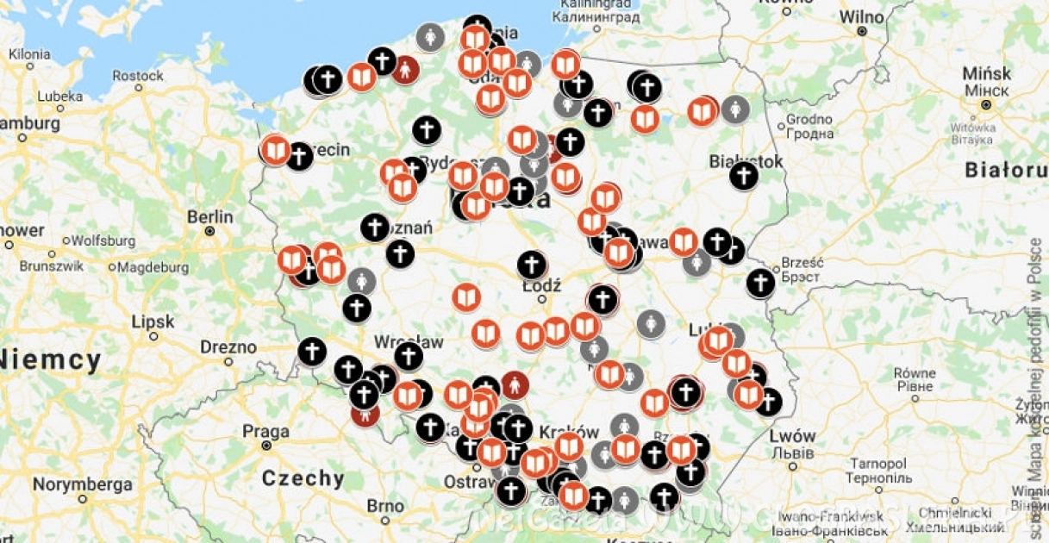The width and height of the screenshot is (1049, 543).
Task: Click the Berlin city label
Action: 210,216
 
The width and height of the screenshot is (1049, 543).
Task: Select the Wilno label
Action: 861,16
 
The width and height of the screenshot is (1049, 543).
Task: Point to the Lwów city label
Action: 793,435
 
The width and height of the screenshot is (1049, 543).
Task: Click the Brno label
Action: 385,505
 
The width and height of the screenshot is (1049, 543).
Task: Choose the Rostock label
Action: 138,76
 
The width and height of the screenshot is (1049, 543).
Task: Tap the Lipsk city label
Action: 153,322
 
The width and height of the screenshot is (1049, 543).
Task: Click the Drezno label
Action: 228,347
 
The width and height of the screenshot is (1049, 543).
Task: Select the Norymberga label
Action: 83,484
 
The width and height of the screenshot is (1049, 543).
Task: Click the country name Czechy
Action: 303,478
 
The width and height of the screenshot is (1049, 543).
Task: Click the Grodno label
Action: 809,119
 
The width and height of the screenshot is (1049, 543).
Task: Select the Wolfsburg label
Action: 103,240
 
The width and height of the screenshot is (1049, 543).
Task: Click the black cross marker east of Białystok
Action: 743,176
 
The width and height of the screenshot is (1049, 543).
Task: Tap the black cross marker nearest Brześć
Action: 760,283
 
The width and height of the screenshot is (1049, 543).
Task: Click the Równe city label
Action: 915,373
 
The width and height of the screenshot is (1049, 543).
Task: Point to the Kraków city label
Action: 568,432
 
